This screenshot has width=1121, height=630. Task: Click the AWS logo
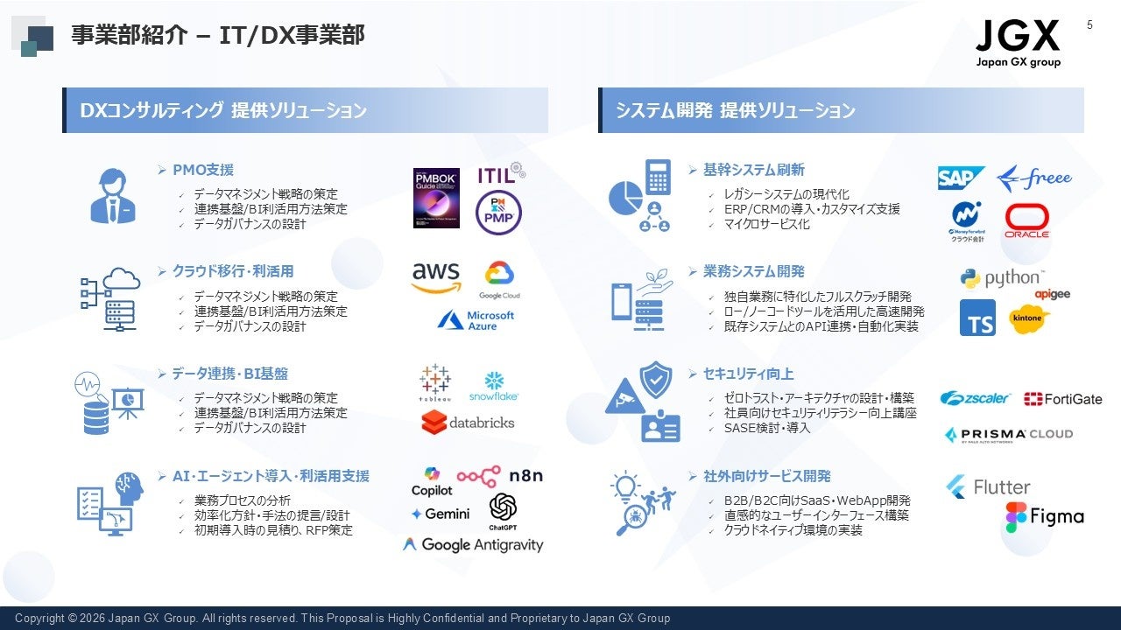(436, 278)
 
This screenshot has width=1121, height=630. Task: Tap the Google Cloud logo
(499, 280)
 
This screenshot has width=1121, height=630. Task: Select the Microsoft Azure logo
(476, 320)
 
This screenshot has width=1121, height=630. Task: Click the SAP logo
(961, 178)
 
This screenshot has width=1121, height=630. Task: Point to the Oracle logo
(1027, 221)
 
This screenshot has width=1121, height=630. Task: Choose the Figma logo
(1044, 517)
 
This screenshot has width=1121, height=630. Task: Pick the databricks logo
(468, 423)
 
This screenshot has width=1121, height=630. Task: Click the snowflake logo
(494, 386)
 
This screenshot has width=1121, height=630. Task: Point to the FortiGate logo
(1062, 399)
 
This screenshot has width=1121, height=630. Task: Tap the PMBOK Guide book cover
(436, 198)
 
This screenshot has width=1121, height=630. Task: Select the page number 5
(1090, 24)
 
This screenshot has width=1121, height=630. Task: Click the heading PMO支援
(202, 170)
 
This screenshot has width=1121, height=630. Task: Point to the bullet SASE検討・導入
(755, 428)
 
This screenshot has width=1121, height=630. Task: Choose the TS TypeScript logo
(977, 318)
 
